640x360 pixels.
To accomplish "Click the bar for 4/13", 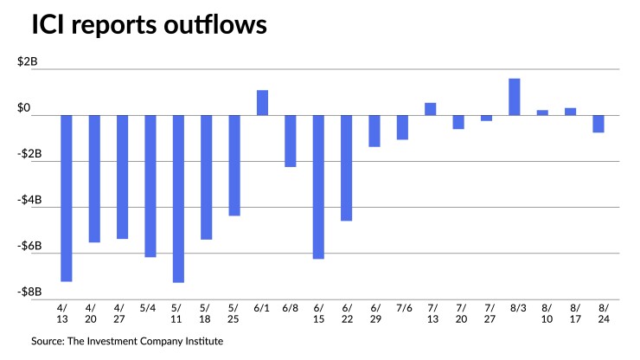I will pos(66,198).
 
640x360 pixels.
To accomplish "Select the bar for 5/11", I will pos(178,198).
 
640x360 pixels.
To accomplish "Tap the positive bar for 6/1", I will pos(262,102).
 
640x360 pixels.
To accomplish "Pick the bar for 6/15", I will pos(318,187).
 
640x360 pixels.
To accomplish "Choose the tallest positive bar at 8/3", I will pos(515,96).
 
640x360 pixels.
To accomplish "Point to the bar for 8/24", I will pos(598,124).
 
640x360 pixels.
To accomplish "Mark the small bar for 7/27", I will pos(486,118).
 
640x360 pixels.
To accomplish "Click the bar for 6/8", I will pos(291,140).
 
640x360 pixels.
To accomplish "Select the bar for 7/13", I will pos(431,109).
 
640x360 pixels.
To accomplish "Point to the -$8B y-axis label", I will pos(37,292).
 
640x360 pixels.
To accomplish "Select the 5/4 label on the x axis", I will pos(150,307).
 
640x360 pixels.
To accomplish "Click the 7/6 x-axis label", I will pos(402,307).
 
